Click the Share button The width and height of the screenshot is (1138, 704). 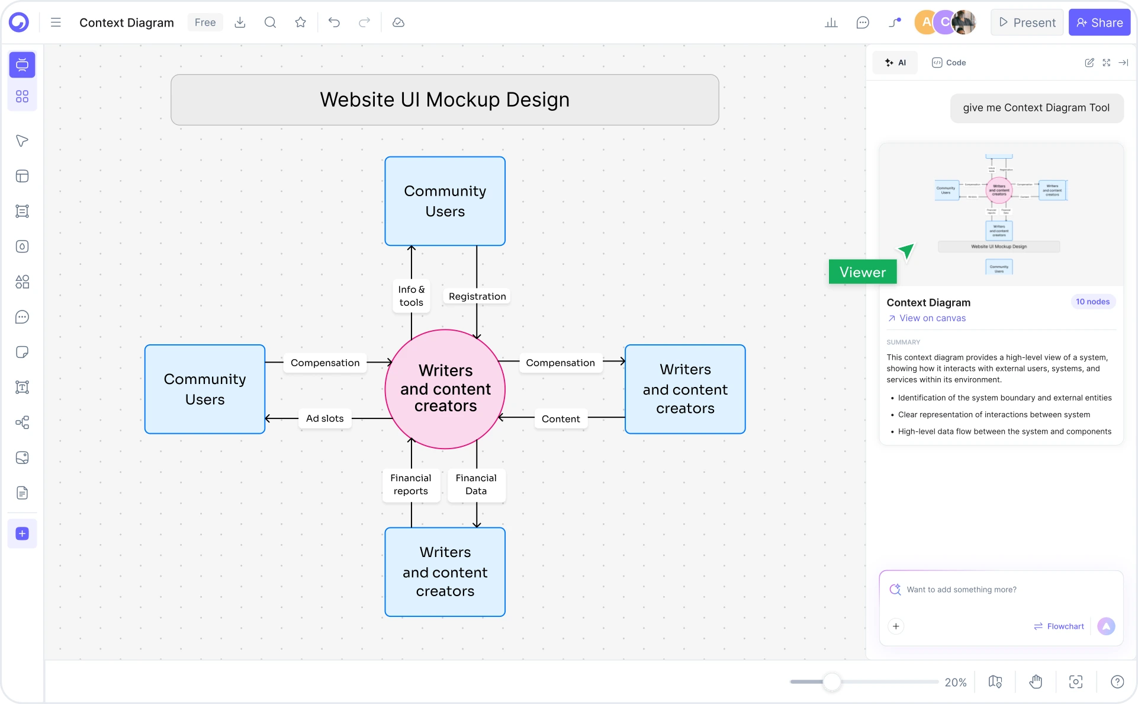(1099, 23)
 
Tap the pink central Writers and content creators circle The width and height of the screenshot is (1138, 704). (445, 389)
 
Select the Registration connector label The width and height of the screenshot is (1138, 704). (477, 296)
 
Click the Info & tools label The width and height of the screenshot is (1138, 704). (411, 296)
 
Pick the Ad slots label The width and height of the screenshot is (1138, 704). (324, 418)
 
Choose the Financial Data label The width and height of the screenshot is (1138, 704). (476, 484)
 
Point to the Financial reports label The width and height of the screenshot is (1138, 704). (410, 484)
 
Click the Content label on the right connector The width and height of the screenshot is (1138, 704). (560, 419)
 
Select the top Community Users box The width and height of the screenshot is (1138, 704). (445, 201)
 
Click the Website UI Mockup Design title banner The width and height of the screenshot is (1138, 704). (445, 100)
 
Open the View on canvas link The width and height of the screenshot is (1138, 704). (931, 318)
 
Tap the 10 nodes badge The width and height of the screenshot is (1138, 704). (1092, 302)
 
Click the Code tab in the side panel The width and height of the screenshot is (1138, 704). (949, 63)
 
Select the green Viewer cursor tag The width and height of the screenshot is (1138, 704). (862, 272)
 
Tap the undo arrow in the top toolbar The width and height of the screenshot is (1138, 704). (334, 23)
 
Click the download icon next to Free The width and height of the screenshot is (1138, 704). (240, 23)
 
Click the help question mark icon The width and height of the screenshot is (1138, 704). (1117, 682)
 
